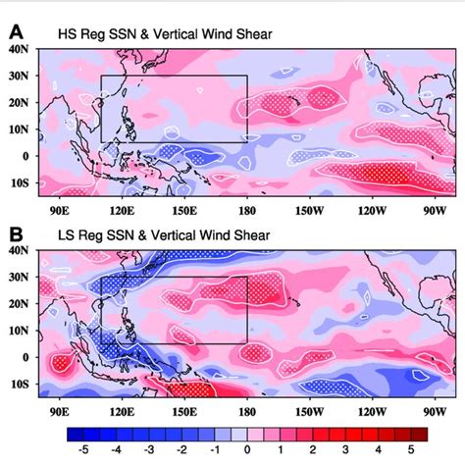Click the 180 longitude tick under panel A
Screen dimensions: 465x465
coord(246,208)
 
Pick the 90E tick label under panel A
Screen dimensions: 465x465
coord(58,208)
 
